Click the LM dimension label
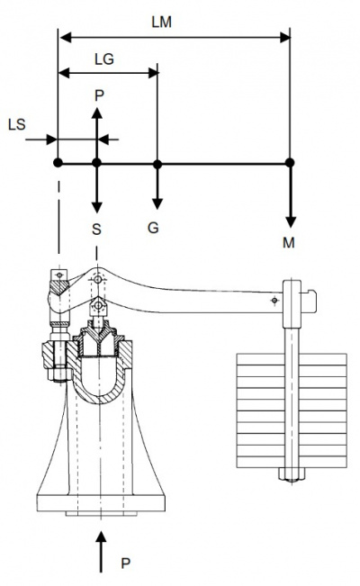point(161,23)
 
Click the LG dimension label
point(103,59)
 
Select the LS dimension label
point(17,124)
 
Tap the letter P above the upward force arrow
point(99,95)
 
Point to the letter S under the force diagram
point(96,229)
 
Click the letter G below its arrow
point(153,227)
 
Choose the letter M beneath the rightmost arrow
point(289,243)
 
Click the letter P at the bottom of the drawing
point(126,563)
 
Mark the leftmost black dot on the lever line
point(58,163)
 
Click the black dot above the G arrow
point(157,164)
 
